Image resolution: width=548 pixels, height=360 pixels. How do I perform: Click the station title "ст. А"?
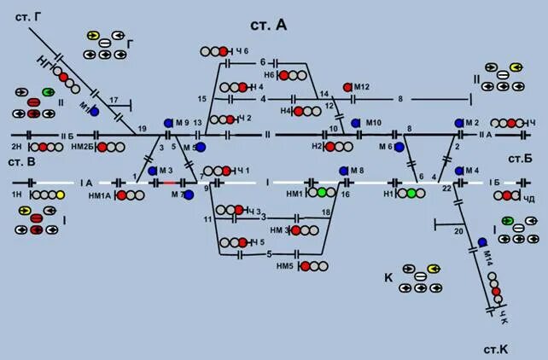(271, 25)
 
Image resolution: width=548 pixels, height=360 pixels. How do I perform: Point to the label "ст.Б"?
(520, 159)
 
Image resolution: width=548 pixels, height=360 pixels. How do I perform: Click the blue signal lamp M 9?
(168, 123)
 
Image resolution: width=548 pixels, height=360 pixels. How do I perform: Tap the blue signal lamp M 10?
(356, 123)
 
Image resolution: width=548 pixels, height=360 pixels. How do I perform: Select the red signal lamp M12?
(347, 87)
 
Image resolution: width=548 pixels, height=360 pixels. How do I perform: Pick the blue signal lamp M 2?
(458, 123)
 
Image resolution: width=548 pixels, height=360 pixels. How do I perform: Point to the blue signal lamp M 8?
(341, 171)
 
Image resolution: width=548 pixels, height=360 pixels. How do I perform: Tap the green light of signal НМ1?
(322, 193)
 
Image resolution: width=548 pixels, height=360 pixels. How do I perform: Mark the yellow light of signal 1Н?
(60, 195)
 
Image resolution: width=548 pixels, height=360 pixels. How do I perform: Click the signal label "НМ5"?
(285, 266)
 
